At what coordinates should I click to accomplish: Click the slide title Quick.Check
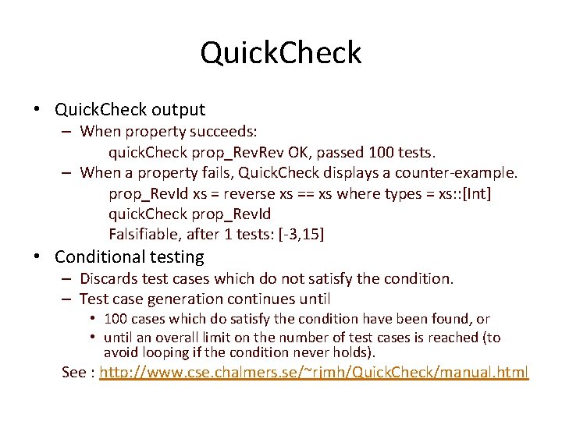point(281,53)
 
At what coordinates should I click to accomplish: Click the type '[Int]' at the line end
point(475,193)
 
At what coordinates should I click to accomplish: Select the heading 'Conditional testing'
point(129,256)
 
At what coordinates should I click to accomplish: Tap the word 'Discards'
point(110,278)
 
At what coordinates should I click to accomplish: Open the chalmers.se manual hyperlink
point(314,372)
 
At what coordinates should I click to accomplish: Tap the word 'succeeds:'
point(234,131)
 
